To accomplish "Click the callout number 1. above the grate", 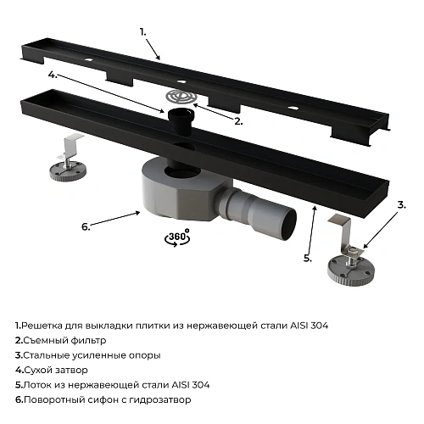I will coord(143,31).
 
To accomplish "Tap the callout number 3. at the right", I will coord(400,204).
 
